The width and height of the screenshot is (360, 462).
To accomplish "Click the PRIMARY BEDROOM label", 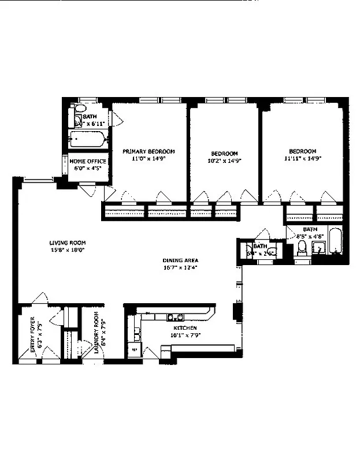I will point(149,151).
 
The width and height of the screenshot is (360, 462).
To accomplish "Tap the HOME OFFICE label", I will point(88,161).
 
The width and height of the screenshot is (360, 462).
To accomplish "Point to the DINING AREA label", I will point(180,260).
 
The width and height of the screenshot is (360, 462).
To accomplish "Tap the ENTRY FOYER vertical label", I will point(33,336).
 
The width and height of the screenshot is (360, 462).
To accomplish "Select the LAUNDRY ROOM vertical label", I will point(97,336).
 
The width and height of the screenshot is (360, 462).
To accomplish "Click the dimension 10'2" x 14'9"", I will point(224,161).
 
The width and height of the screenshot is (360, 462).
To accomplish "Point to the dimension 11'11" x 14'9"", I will point(302,158).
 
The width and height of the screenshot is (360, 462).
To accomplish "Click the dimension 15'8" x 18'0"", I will point(67,250).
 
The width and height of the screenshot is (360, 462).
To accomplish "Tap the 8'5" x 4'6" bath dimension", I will point(309,236).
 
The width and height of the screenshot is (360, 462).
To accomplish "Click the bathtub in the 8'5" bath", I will point(335,241).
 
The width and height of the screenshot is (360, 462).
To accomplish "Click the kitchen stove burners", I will point(175,316).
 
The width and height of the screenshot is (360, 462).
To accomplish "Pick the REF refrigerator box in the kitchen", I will point(135,349).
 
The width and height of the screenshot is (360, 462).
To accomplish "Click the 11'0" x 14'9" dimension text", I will point(149,158).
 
